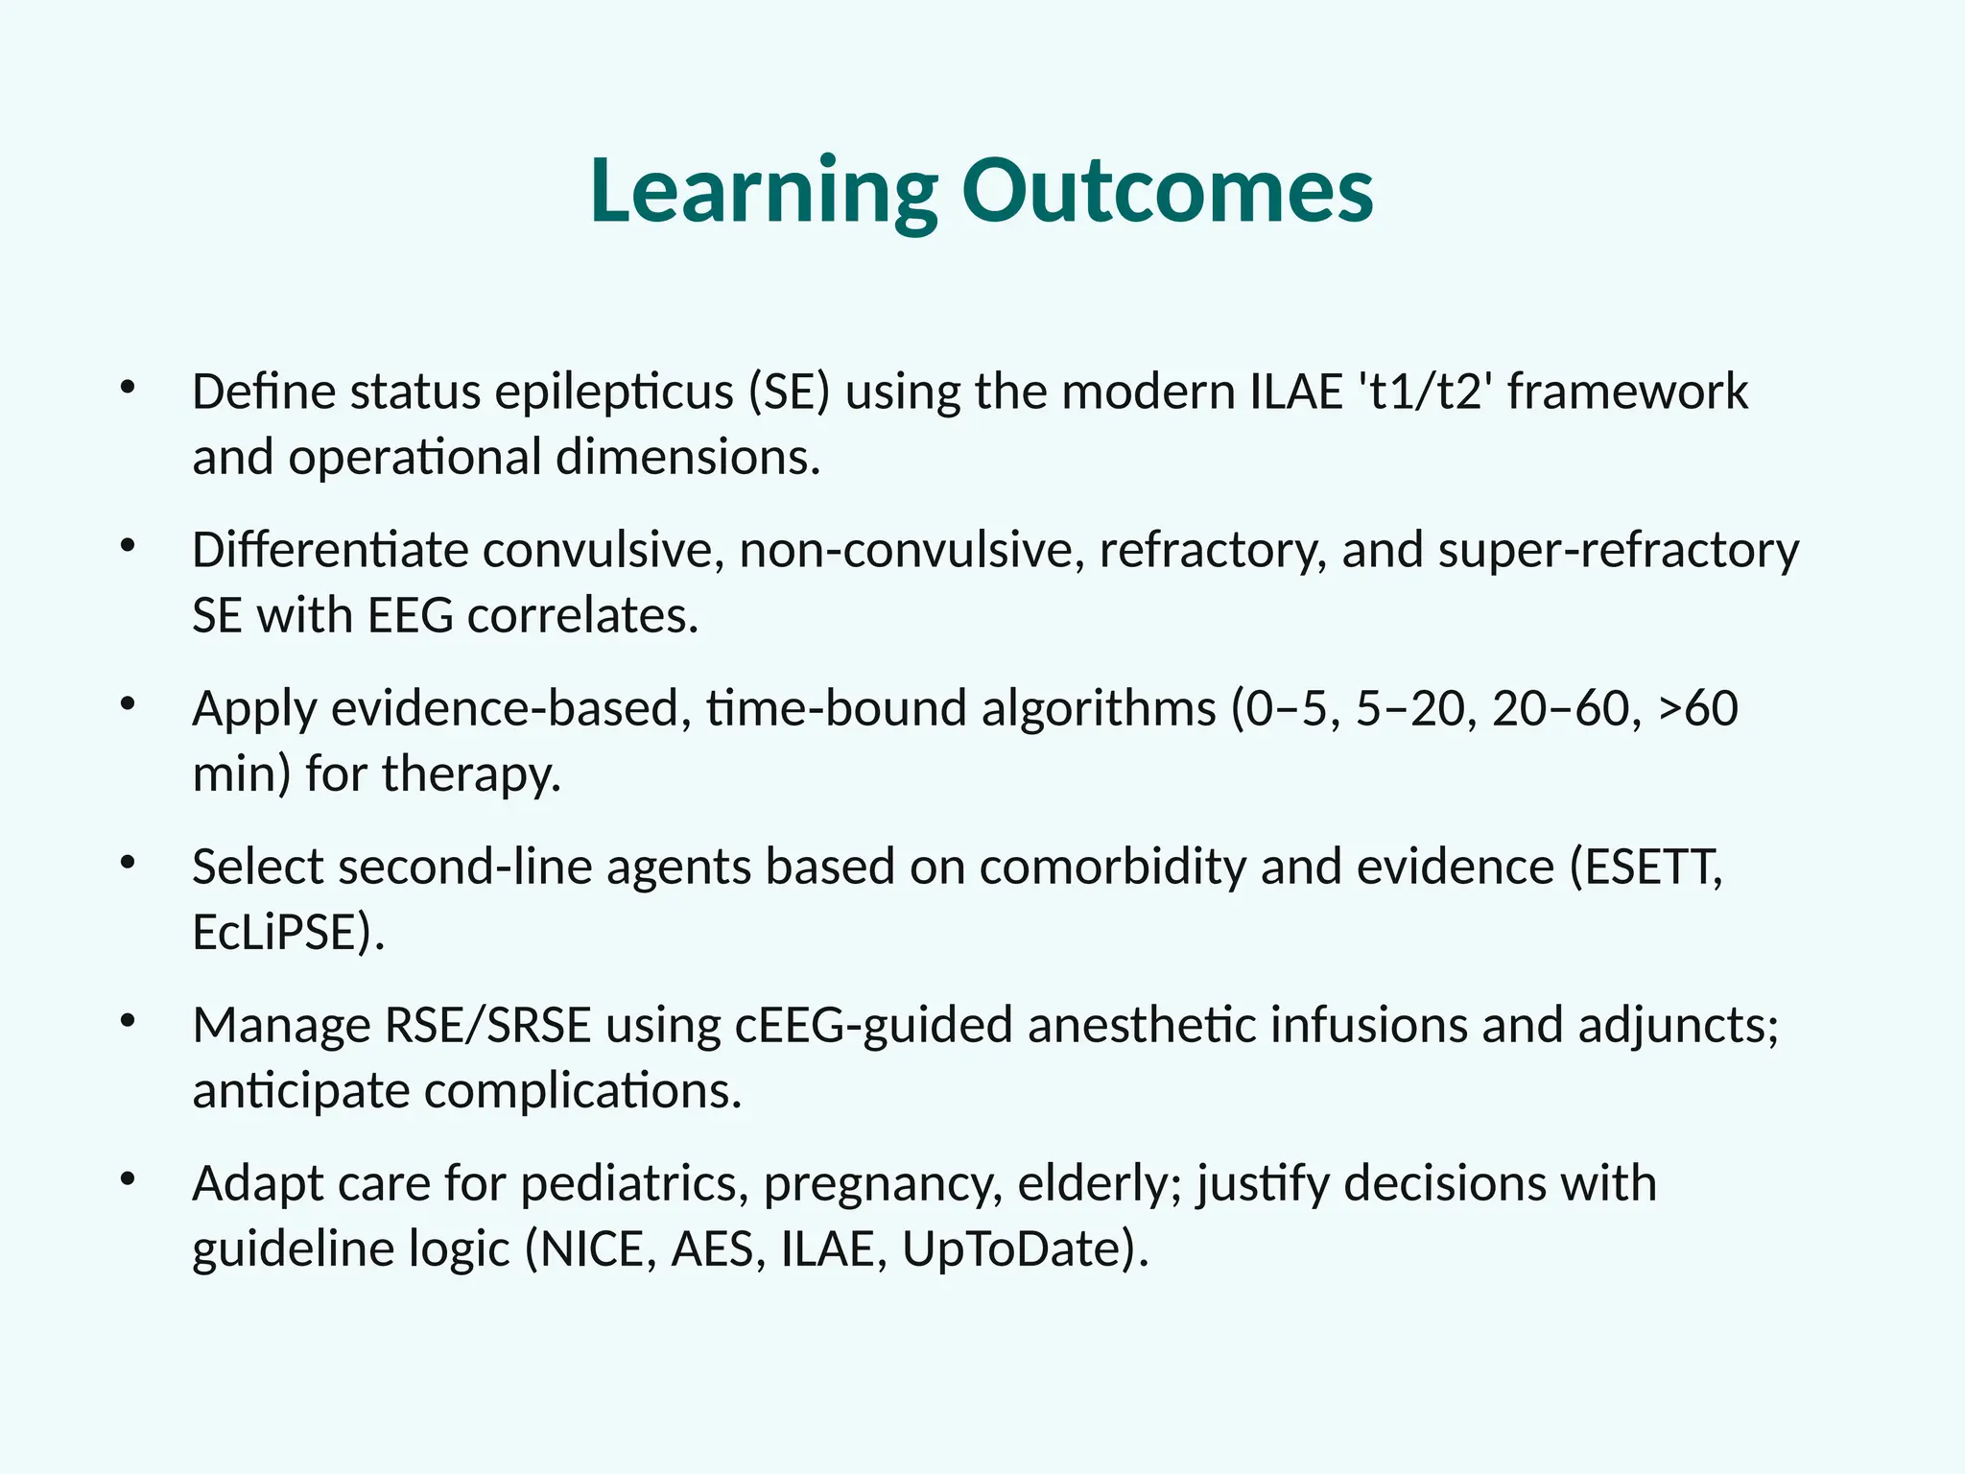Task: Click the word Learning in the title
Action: [763, 192]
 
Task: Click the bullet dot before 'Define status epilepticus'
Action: [128, 389]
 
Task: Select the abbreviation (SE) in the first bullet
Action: [789, 392]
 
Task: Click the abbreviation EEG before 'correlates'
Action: [410, 615]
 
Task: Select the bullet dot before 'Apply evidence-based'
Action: [128, 705]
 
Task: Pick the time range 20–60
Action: [1560, 709]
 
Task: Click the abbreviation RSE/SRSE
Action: [487, 1026]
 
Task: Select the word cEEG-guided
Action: [873, 1026]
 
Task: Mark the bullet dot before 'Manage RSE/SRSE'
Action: [128, 1022]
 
